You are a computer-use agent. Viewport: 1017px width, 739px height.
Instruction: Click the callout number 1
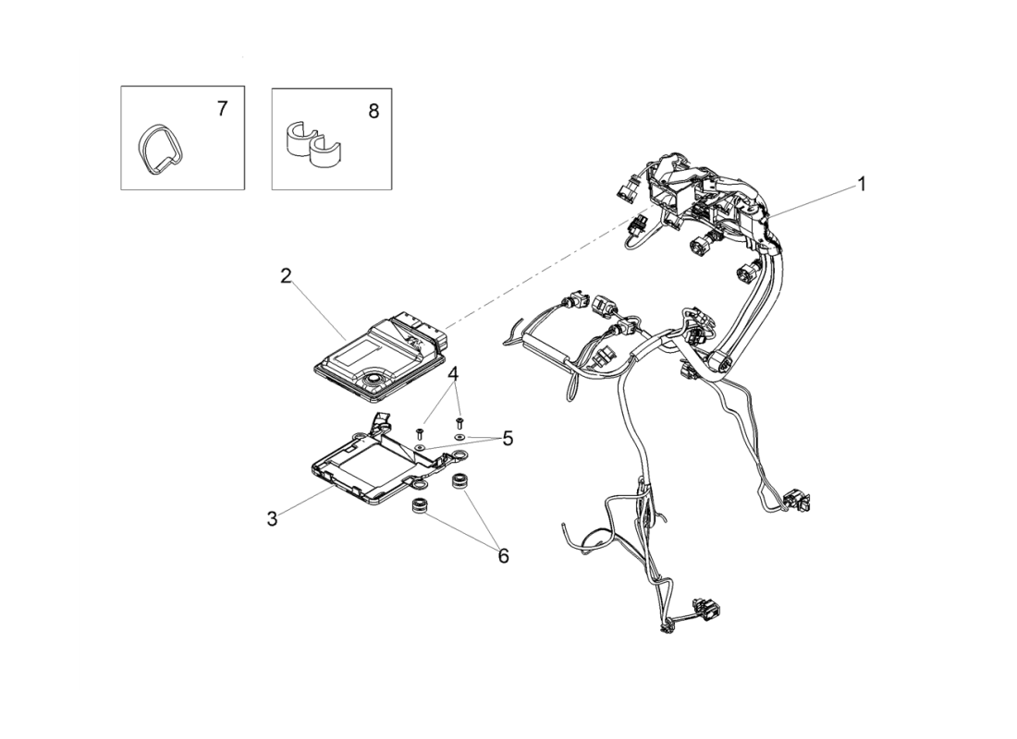pos(862,185)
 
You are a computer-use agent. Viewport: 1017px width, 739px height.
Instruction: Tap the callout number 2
pos(286,276)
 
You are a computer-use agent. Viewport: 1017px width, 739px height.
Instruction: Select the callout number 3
pos(273,519)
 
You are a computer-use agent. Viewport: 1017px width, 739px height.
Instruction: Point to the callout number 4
pos(453,373)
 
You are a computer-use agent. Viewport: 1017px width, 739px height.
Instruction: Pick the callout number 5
pos(508,439)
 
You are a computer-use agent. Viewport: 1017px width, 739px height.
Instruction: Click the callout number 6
pos(503,556)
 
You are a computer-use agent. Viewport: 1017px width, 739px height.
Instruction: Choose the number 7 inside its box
pos(223,109)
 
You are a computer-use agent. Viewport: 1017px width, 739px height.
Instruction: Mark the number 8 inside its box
pos(374,112)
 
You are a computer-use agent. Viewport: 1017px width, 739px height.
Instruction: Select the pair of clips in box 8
pos(313,140)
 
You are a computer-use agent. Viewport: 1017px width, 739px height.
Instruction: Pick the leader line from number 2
pos(320,311)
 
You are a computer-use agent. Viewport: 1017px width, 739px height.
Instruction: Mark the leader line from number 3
pos(309,502)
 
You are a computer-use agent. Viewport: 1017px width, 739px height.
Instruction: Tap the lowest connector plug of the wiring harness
pos(708,608)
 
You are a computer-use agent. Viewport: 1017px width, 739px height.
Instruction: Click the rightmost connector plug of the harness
pos(796,501)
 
